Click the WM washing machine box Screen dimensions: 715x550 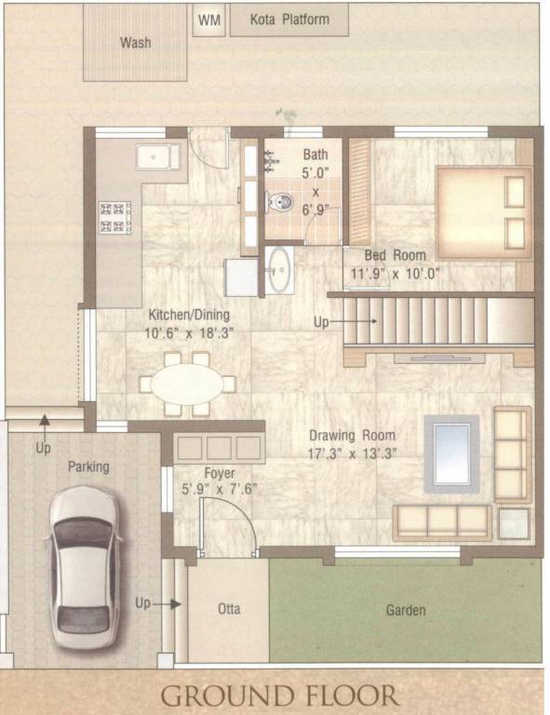209,20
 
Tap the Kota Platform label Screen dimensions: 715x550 289,20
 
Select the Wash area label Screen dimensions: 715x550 135,43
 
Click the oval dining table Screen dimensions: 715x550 187,383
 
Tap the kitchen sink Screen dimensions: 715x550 158,156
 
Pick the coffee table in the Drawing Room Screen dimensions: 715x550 451,454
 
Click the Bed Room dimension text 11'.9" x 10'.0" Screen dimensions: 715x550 395,274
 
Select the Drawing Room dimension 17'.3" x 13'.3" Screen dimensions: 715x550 352,453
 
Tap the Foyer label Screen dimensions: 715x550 220,472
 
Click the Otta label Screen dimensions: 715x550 229,610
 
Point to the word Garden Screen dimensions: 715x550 406,611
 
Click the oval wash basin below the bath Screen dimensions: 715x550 278,269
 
